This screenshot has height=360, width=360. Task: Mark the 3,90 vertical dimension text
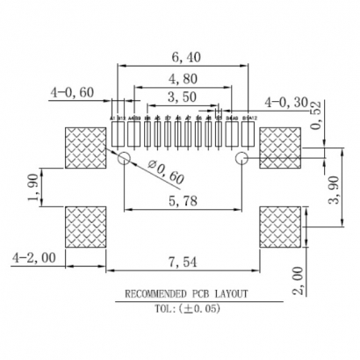334,186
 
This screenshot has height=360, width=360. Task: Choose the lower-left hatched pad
86,227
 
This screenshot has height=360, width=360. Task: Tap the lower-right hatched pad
280,227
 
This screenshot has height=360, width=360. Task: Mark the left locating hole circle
124,159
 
